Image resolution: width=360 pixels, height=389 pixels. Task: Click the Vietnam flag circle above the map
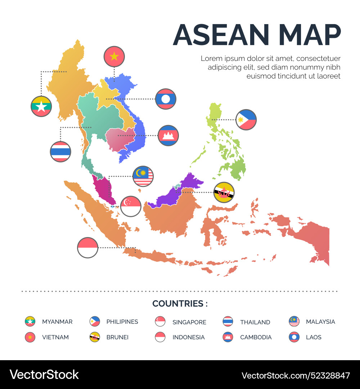(114, 57)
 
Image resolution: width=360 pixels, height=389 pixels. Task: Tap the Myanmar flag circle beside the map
(41, 106)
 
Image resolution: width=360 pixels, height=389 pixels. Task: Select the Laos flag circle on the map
(166, 99)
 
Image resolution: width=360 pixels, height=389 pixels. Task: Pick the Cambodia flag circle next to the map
(168, 135)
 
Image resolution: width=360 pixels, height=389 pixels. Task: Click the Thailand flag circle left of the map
(60, 152)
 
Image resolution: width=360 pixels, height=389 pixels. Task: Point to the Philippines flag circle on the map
(246, 120)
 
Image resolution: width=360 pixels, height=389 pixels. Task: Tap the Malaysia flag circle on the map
(143, 176)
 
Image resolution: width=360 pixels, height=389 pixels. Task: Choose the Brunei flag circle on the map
(224, 192)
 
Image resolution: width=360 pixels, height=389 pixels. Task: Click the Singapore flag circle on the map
(131, 206)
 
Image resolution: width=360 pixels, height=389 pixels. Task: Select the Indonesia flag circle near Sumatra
(87, 248)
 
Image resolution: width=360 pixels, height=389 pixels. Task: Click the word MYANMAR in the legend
(57, 322)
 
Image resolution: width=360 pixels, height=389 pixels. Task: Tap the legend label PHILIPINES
(122, 322)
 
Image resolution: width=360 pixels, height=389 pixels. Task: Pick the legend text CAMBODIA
(256, 337)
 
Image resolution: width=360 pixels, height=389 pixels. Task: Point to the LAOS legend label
(314, 337)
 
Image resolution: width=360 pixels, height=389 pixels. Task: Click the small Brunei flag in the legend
(95, 337)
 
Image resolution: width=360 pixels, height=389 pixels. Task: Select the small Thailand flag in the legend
(228, 321)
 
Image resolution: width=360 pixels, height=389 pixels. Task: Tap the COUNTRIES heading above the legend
(180, 304)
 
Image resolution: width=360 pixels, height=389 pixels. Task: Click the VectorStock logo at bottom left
(44, 375)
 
